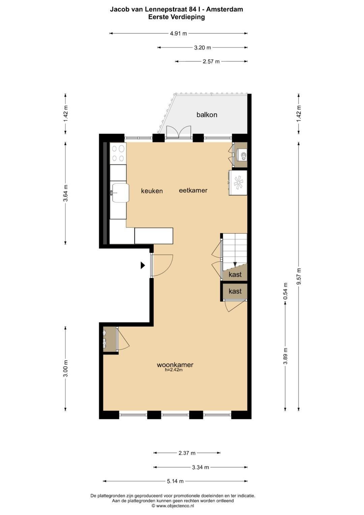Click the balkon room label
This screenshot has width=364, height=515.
coord(207,115)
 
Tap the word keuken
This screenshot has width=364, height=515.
coord(152,191)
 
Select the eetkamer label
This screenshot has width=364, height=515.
coord(193,190)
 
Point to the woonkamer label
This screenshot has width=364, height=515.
coord(175,365)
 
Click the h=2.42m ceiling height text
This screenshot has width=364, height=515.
coord(174,370)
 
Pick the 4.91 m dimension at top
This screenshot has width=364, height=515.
coord(178,34)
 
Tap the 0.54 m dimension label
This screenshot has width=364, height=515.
coord(285,291)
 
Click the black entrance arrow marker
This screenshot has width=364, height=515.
coord(143,266)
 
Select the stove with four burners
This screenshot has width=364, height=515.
coord(118,153)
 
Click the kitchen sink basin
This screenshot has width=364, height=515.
coord(120,193)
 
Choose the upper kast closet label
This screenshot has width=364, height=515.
coord(235,275)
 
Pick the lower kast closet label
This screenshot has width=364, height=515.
coord(235,291)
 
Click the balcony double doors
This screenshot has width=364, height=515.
coord(179,132)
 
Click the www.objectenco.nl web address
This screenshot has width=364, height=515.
coord(175,506)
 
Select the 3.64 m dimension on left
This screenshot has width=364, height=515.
coord(65,193)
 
